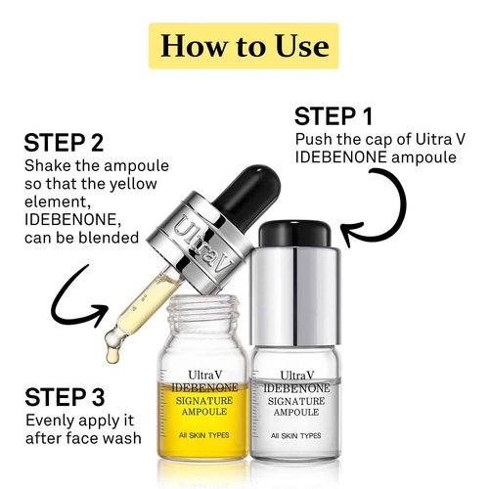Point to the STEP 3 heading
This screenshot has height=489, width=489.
click(x=67, y=398)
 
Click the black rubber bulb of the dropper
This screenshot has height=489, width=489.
click(x=197, y=161)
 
